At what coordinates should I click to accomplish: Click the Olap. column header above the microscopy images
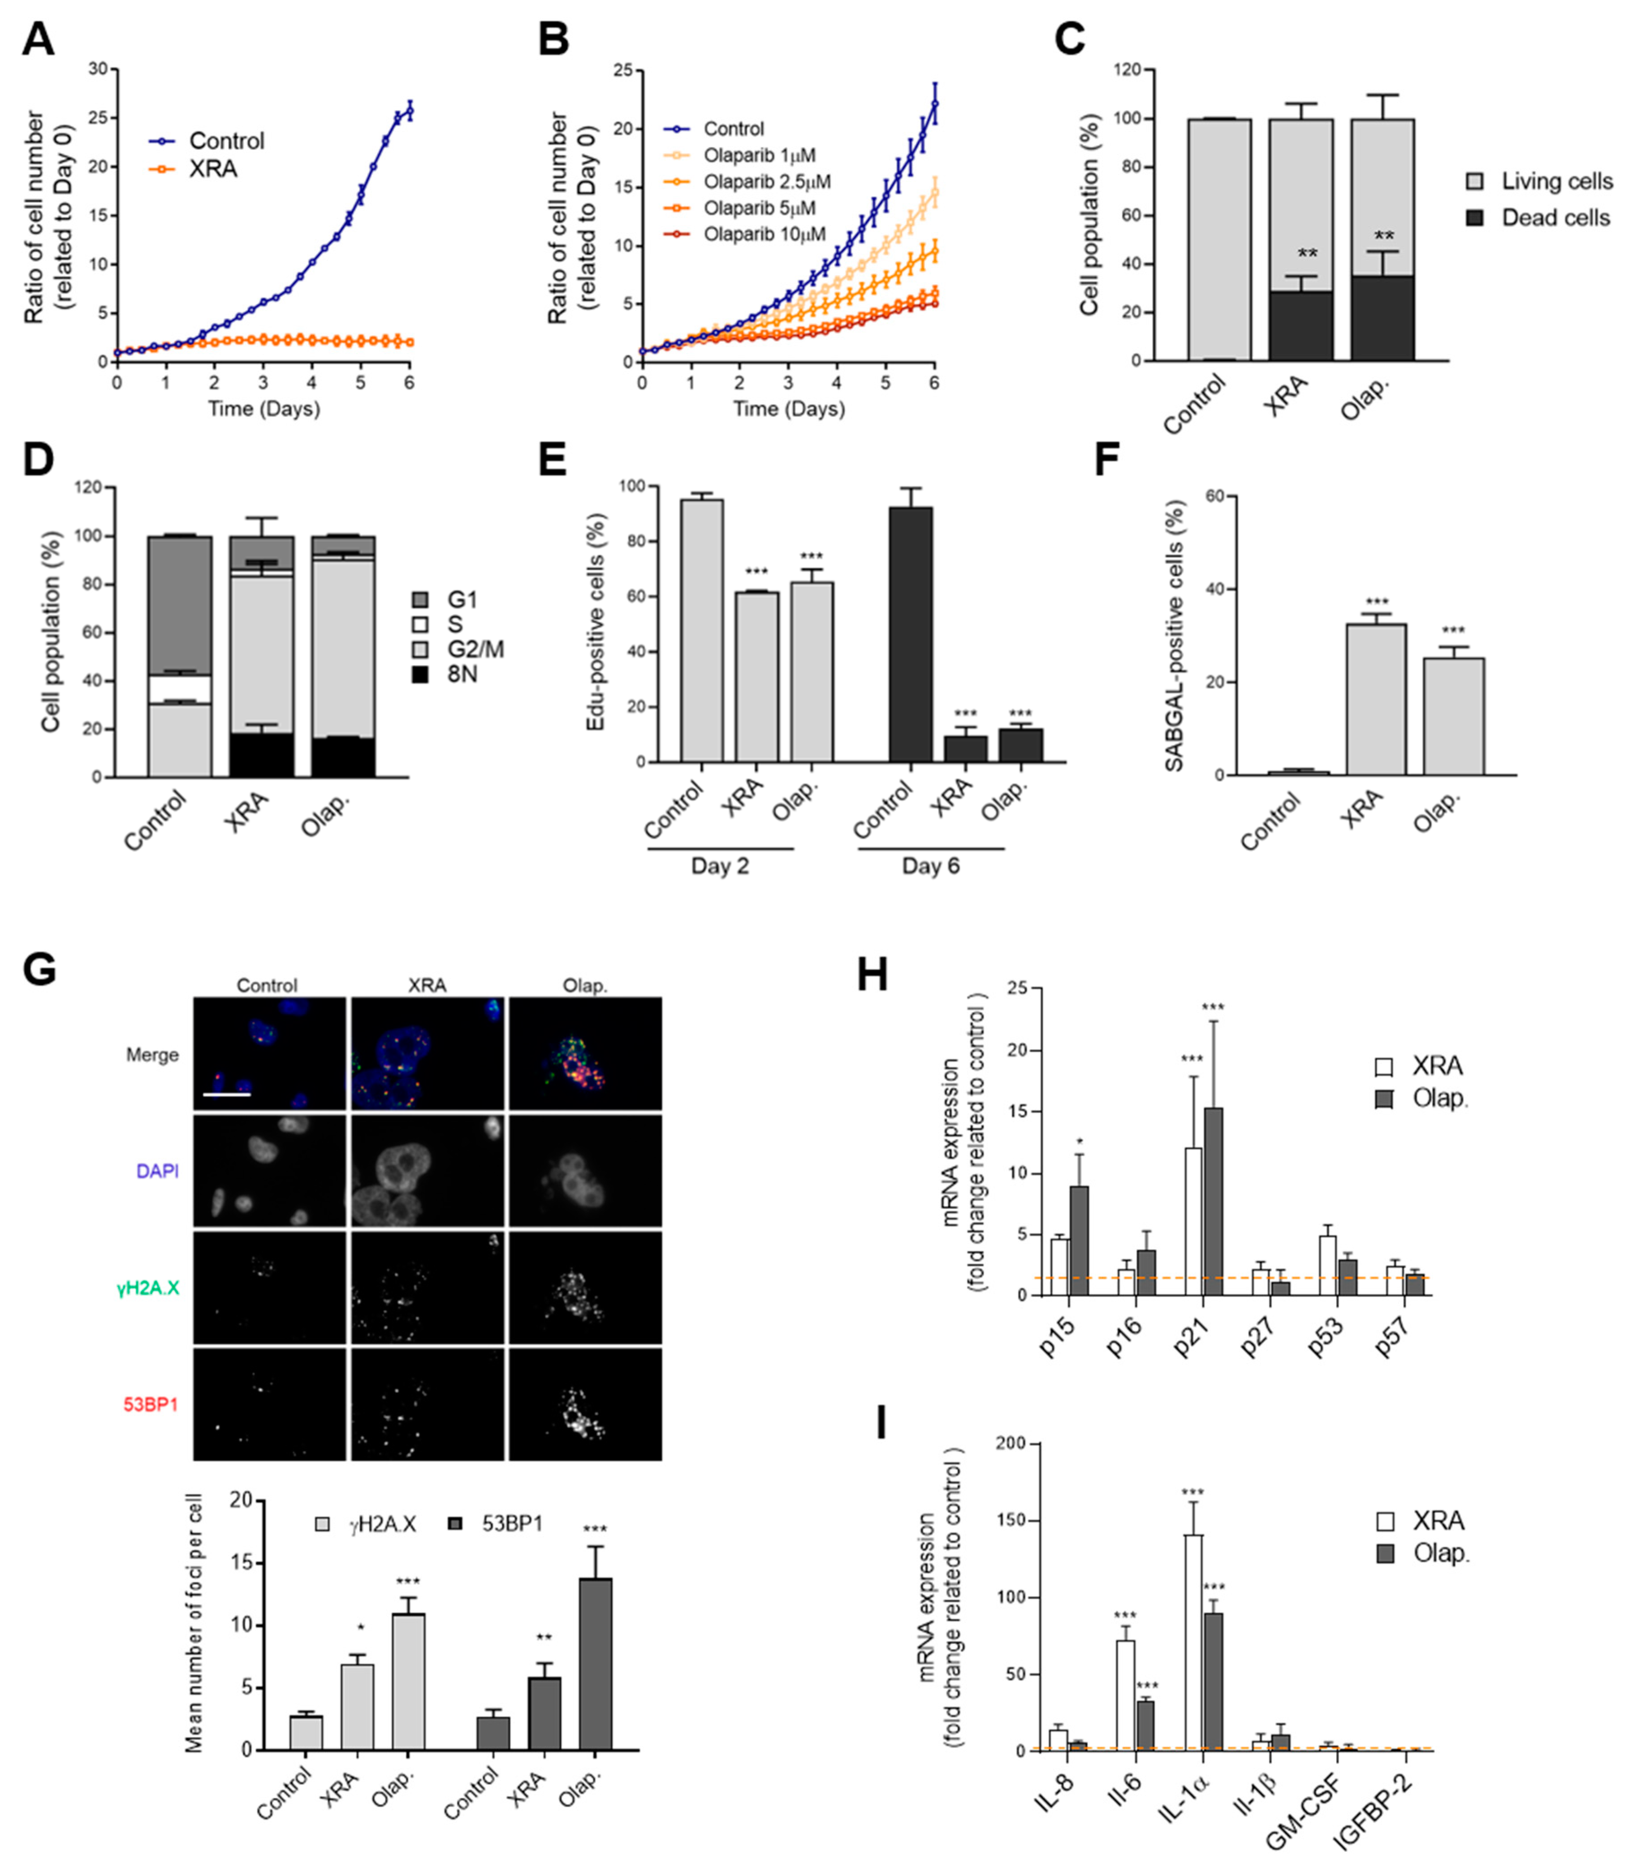tap(585, 985)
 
